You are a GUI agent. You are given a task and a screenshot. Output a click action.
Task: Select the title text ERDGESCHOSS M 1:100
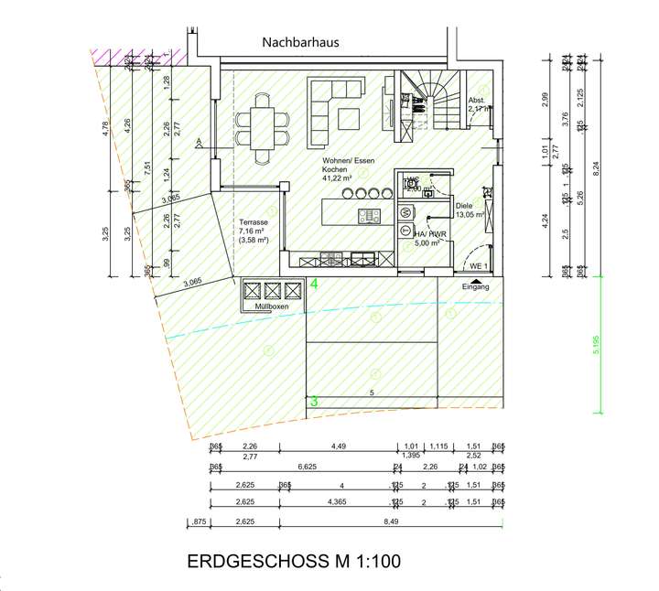coord(293,560)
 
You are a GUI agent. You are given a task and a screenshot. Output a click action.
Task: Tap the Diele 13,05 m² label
coord(470,210)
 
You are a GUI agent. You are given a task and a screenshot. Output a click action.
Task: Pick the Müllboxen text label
coord(270,307)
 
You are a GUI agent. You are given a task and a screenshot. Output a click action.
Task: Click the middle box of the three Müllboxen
coord(271,291)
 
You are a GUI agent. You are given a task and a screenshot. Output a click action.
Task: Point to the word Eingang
coord(475,286)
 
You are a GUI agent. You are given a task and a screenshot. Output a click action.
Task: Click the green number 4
coord(314,285)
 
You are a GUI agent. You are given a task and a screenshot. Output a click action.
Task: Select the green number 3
coord(313,401)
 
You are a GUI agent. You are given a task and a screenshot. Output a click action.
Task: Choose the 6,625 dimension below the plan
coord(307,467)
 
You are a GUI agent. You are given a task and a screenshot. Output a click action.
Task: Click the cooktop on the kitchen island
coord(370,216)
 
